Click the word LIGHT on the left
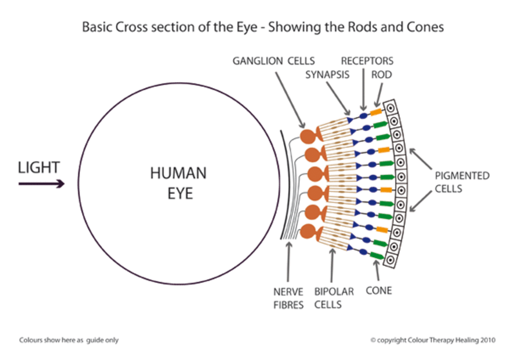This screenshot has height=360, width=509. coord(39,167)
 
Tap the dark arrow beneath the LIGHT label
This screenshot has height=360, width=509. coord(42,183)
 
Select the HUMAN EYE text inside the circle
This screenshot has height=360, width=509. coord(179,183)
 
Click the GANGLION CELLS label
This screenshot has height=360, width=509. coord(274,61)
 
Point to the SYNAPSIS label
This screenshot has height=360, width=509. coord(327,75)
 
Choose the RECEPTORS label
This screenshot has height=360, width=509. coord(367,61)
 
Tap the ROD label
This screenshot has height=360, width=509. coord(381,75)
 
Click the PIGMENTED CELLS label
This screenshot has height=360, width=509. coord(462,182)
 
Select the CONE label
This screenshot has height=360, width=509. coord(379,290)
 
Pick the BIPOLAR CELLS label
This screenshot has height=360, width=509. coord(334,298)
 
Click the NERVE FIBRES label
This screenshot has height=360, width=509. coord(288,298)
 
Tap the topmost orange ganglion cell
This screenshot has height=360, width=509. coord(308,136)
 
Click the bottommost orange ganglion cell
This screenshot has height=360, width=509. coord(308,231)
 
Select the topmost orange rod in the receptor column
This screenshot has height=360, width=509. coord(376,112)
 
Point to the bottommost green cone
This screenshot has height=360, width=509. coord(377,256)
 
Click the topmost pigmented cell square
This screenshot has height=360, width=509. coord(390,108)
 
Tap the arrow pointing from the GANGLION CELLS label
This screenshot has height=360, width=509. coord(291,100)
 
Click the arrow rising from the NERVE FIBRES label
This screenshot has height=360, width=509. coord(288,262)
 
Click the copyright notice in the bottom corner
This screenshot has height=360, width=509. coord(433,340)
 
